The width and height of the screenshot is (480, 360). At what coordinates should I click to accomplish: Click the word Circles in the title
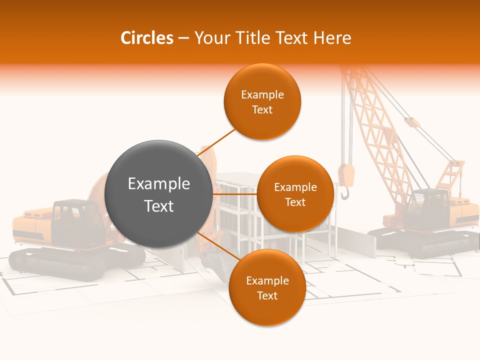[x=146, y=38]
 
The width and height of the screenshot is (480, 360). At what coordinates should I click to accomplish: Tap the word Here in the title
[x=332, y=38]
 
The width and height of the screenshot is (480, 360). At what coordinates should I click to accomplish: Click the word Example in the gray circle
[x=158, y=184]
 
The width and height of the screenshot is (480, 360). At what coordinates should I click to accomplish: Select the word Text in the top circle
[x=262, y=110]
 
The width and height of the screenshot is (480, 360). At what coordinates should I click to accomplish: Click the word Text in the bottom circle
[x=267, y=296]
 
